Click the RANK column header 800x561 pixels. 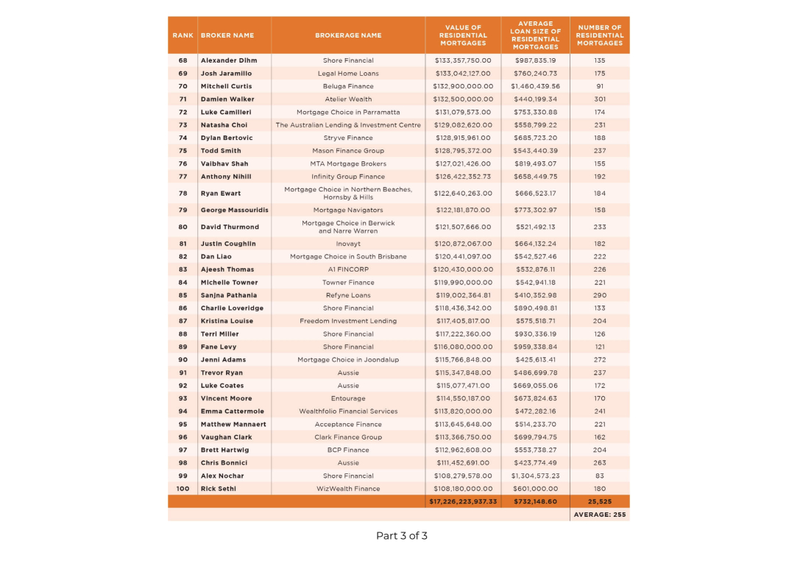183,35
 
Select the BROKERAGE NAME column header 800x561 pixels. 348,35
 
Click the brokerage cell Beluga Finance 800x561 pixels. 348,86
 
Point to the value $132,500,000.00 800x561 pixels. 463,99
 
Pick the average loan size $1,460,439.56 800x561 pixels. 535,86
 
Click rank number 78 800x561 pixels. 183,194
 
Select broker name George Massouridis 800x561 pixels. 234,210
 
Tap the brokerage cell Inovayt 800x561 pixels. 348,244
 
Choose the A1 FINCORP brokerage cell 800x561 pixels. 348,269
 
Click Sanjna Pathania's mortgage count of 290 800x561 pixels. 600,295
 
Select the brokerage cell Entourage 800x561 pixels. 348,398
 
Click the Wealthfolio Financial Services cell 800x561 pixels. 348,412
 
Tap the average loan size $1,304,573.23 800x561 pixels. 535,476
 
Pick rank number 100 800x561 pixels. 183,489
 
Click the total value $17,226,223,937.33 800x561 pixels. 463,501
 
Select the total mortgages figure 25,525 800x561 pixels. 600,501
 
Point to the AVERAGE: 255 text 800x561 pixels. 600,515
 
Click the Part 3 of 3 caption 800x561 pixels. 401,536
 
